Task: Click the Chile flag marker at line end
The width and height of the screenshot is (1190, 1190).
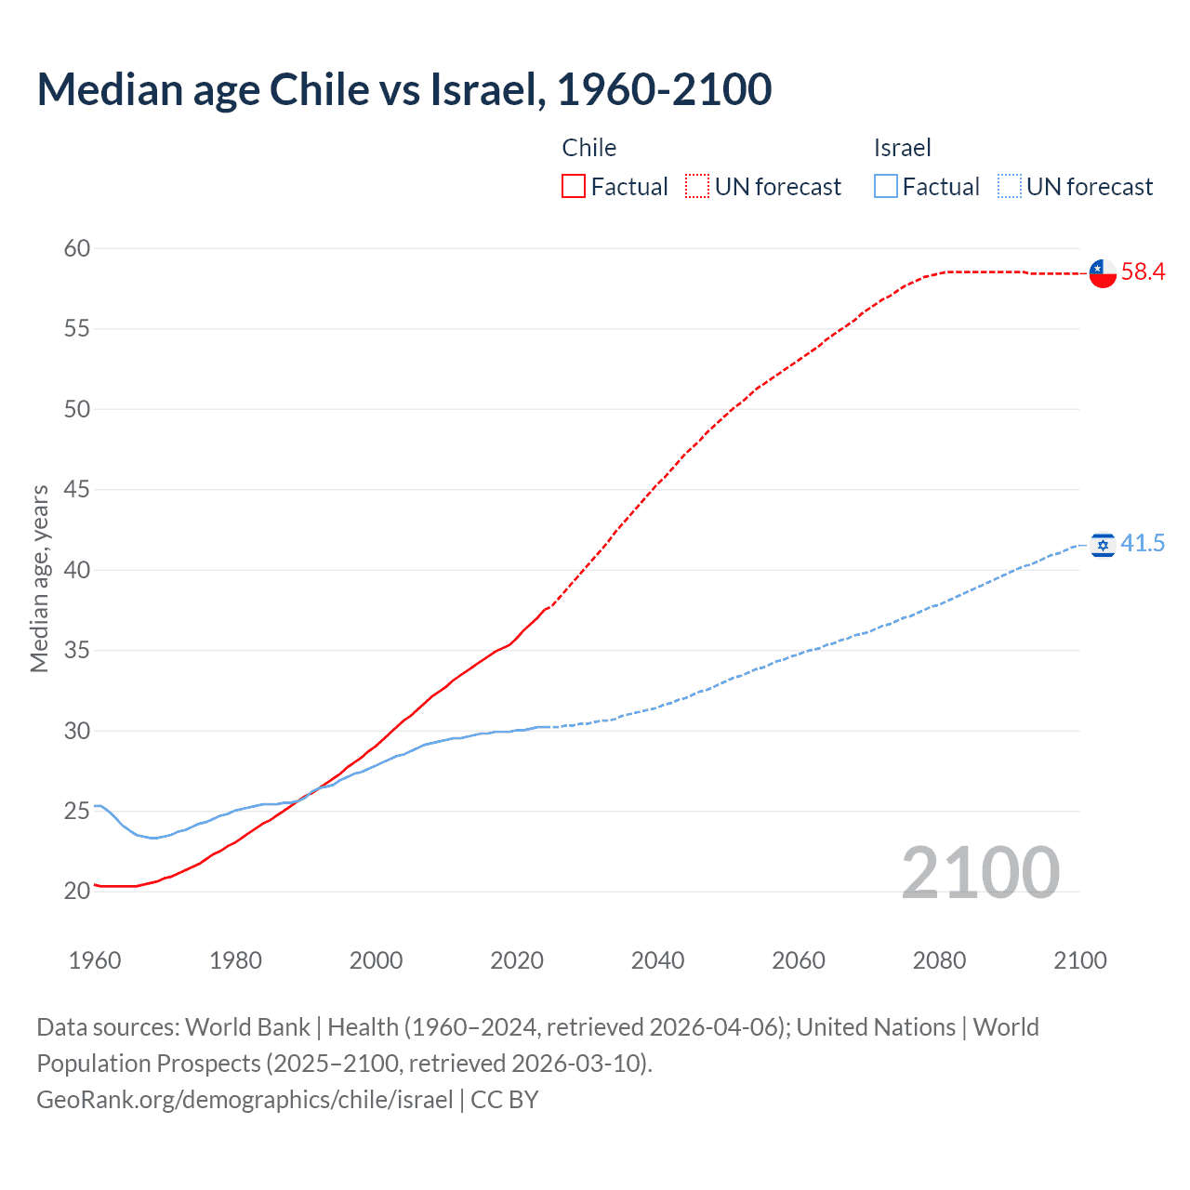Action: coord(1103,273)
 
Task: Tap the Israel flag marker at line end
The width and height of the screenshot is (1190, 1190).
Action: coord(1103,545)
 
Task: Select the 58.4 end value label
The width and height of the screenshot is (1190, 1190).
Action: coord(1143,271)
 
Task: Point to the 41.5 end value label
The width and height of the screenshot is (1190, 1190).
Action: coord(1143,543)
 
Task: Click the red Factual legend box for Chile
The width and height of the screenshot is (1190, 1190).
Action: coord(574,187)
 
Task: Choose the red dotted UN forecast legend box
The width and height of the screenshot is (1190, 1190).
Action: coord(697,187)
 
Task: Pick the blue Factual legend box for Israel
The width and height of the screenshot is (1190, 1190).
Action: coord(885,187)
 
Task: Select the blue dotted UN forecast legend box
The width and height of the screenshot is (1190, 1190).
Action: coord(1009,187)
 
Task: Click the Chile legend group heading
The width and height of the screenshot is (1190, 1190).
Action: coord(588,148)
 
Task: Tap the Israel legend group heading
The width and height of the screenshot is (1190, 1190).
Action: coord(902,148)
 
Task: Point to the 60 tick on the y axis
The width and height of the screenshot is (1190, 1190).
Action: coord(77,248)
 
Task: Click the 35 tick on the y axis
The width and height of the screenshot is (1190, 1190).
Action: coord(77,650)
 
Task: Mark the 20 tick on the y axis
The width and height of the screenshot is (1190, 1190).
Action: coord(77,891)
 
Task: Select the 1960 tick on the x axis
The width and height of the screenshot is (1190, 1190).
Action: coord(95,960)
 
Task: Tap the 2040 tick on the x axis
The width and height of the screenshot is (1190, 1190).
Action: coord(657,960)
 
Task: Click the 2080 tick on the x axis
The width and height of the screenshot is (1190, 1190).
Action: coord(939,960)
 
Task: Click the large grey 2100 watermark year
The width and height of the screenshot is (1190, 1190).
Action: coord(980,872)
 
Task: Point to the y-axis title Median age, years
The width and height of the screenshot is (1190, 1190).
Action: coord(39,578)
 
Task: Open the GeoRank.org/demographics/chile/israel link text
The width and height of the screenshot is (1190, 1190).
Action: coord(245,1100)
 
